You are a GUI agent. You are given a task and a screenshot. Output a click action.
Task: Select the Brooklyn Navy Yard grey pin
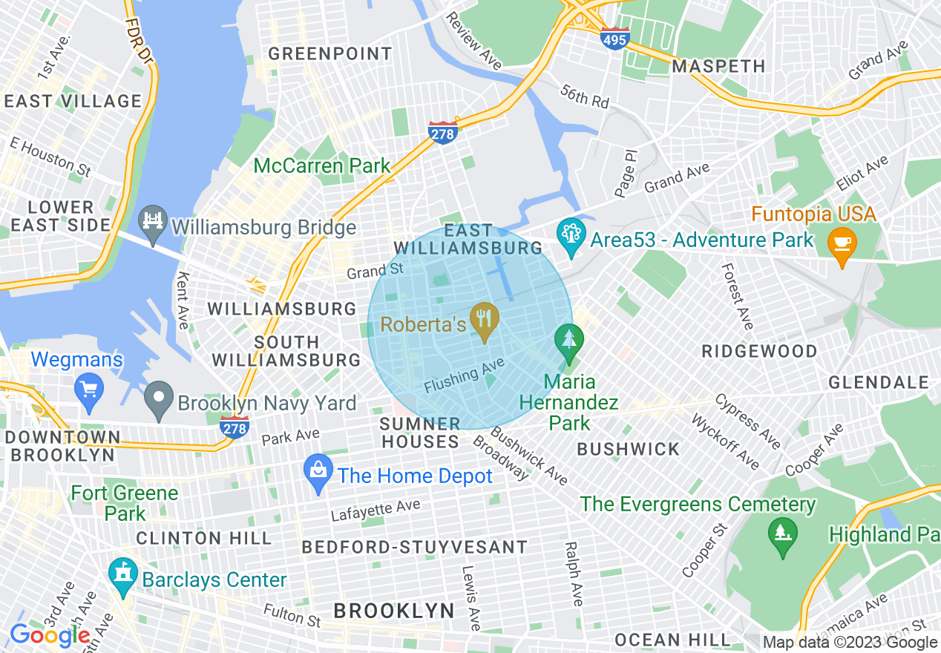point(159,401)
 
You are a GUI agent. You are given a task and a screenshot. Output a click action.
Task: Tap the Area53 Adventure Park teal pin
point(571,238)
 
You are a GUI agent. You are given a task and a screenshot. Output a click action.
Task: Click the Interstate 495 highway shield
point(615,39)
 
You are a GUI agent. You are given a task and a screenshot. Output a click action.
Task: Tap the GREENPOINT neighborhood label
point(329,53)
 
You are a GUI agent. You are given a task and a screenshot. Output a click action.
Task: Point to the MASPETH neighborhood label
point(718,66)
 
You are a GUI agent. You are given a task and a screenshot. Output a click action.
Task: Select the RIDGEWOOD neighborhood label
point(759,350)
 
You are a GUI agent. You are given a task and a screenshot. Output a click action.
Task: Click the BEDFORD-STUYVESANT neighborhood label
point(415,547)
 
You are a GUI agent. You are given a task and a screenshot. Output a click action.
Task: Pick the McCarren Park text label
point(322,165)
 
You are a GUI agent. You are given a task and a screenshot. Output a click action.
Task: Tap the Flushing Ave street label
point(465,376)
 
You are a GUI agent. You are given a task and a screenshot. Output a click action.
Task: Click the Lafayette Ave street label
point(376,511)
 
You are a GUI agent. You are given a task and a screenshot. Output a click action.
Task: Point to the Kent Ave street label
point(183,300)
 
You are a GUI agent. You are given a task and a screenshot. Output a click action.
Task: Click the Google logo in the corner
point(50,635)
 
